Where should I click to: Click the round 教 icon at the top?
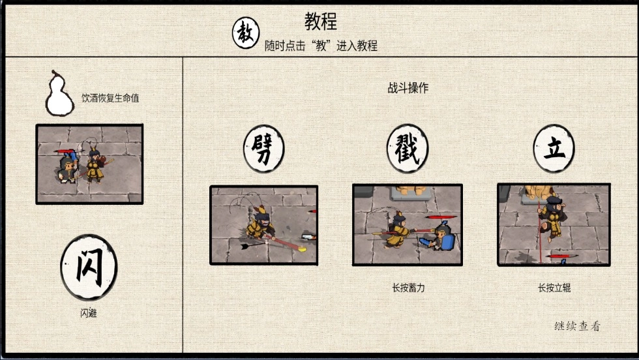[246, 33]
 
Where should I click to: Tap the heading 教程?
[321, 22]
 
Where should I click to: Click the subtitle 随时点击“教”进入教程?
[321, 46]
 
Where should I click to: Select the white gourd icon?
[59, 93]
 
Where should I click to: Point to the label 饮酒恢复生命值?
[110, 98]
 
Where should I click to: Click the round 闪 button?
[89, 267]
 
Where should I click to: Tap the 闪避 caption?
[89, 313]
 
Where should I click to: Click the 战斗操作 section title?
[408, 87]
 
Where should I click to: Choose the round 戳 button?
[407, 149]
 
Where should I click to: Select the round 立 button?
[554, 149]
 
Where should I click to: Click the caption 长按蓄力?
[408, 288]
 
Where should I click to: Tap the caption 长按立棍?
[554, 288]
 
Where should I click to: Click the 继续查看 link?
[578, 326]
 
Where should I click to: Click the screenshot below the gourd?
[90, 164]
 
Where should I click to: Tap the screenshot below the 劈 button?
[263, 225]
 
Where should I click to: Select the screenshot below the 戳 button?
[408, 224]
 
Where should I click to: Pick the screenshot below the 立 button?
[554, 224]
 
